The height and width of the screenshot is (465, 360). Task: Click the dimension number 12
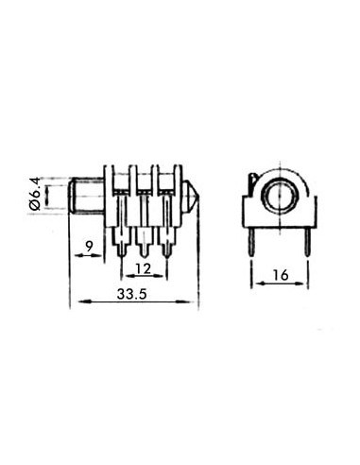pyautogui.click(x=145, y=268)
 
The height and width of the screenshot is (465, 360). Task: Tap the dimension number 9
pyautogui.click(x=89, y=247)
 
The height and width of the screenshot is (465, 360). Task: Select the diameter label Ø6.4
pyautogui.click(x=34, y=196)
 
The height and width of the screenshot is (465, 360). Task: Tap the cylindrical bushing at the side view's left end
pyautogui.click(x=85, y=196)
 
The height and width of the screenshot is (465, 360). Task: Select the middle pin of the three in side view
pyautogui.click(x=144, y=241)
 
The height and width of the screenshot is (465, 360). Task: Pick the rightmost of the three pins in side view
pyautogui.click(x=167, y=241)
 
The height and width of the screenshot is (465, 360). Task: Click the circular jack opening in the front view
pyautogui.click(x=281, y=196)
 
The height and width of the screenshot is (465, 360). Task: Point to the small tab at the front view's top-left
pyautogui.click(x=252, y=180)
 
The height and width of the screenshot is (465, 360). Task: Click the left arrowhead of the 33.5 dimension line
pyautogui.click(x=74, y=302)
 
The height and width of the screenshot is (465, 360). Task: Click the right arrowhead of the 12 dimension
pyautogui.click(x=166, y=277)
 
